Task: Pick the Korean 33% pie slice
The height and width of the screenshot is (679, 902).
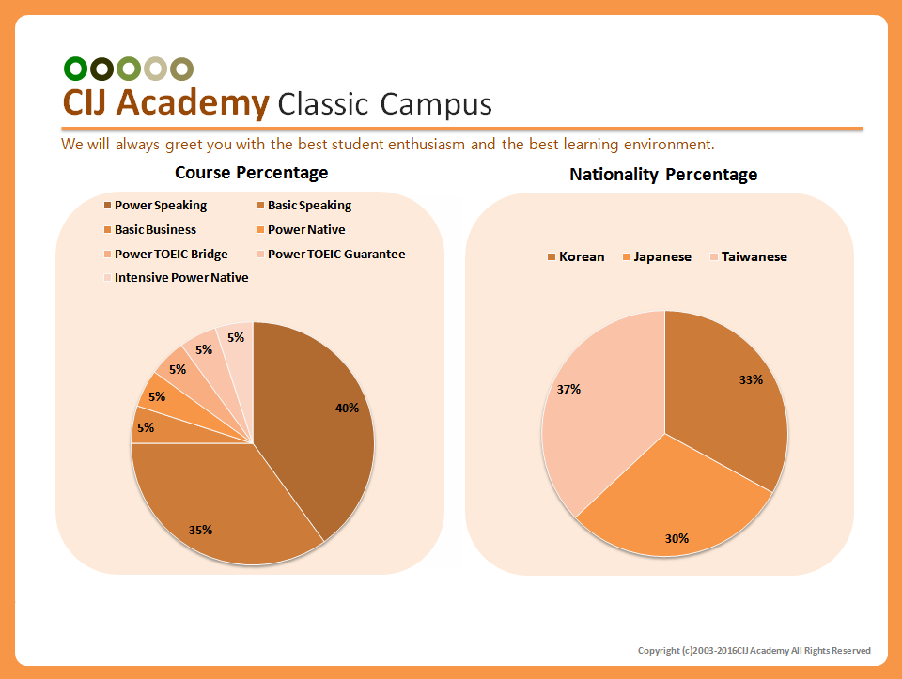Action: tap(728, 404)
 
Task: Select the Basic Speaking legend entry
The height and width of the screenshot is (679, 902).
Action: tap(309, 206)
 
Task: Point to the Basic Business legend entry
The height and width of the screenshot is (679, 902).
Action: tap(155, 230)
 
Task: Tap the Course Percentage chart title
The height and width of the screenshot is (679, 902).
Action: tap(252, 173)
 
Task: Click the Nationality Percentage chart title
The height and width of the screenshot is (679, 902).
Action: tap(663, 175)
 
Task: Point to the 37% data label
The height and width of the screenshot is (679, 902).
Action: tap(568, 389)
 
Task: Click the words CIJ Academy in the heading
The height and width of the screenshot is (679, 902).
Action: tap(165, 102)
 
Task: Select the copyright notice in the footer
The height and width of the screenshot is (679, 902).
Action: tap(754, 651)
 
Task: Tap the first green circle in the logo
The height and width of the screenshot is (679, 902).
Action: tap(75, 69)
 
